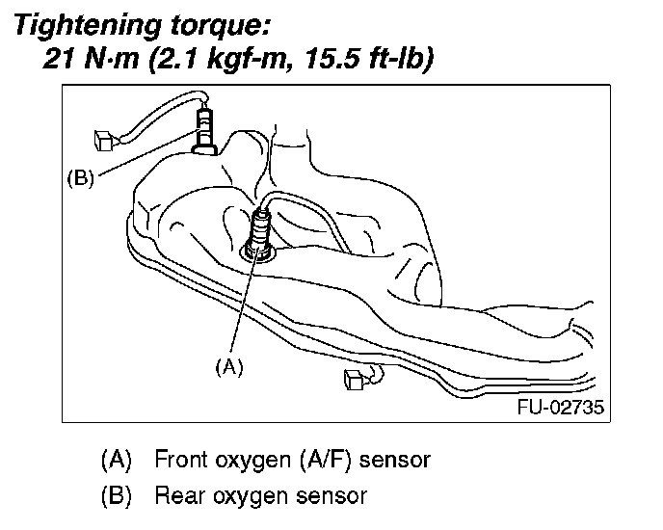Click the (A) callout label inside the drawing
click(228, 367)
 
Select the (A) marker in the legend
click(117, 460)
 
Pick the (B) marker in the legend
click(117, 496)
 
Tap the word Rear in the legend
click(177, 496)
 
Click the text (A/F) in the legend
click(332, 460)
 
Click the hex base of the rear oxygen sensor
click(204, 147)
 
